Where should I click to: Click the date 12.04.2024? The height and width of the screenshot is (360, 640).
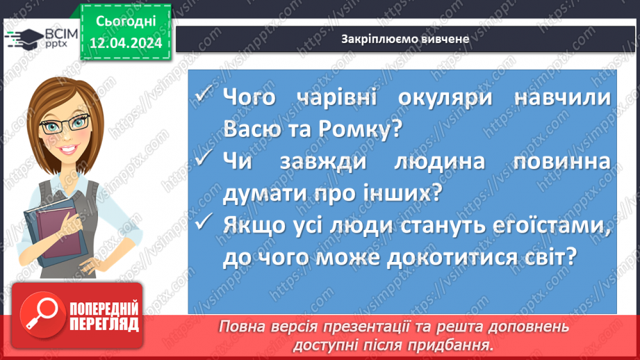click(x=126, y=44)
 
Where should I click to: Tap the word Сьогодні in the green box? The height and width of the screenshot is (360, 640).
click(x=126, y=23)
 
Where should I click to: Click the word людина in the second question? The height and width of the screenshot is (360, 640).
click(x=446, y=162)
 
